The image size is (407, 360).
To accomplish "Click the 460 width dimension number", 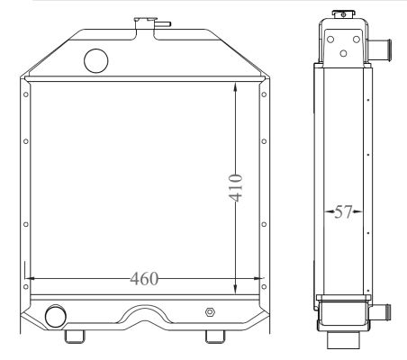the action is pyautogui.click(x=144, y=279).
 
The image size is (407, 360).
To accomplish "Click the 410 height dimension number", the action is pyautogui.click(x=236, y=187).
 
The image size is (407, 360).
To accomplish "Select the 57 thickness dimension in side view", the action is pyautogui.click(x=343, y=211).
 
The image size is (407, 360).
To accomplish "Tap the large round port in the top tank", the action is pyautogui.click(x=96, y=61).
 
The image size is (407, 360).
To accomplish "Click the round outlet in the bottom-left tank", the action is pyautogui.click(x=56, y=317).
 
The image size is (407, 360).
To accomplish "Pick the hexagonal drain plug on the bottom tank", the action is pyautogui.click(x=210, y=312).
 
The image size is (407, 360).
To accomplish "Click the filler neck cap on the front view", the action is pyautogui.click(x=146, y=19).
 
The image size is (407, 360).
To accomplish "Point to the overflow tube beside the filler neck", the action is pyautogui.click(x=163, y=23).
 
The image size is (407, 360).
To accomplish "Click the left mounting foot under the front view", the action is pyautogui.click(x=75, y=337).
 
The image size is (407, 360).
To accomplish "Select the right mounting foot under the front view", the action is pyautogui.click(x=215, y=337).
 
